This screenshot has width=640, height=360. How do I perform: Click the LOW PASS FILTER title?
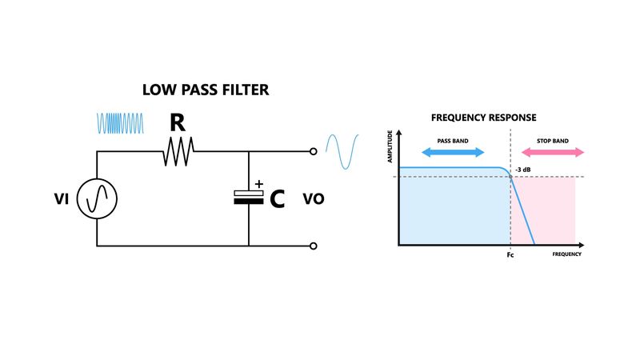[206, 90]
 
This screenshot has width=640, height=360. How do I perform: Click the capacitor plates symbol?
[249, 198]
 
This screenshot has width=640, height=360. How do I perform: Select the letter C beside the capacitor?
[276, 199]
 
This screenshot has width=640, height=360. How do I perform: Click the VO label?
[314, 198]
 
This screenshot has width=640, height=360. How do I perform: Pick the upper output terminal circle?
[313, 151]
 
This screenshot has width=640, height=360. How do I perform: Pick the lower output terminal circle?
[313, 246]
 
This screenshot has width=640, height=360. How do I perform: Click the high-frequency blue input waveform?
[120, 123]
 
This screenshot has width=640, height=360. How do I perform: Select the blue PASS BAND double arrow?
[452, 152]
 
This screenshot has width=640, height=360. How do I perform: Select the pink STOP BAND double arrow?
[550, 152]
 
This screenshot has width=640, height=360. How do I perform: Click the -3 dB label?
[525, 170]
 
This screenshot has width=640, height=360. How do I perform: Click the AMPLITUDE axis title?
[390, 148]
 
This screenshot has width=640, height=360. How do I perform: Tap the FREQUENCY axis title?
[566, 254]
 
